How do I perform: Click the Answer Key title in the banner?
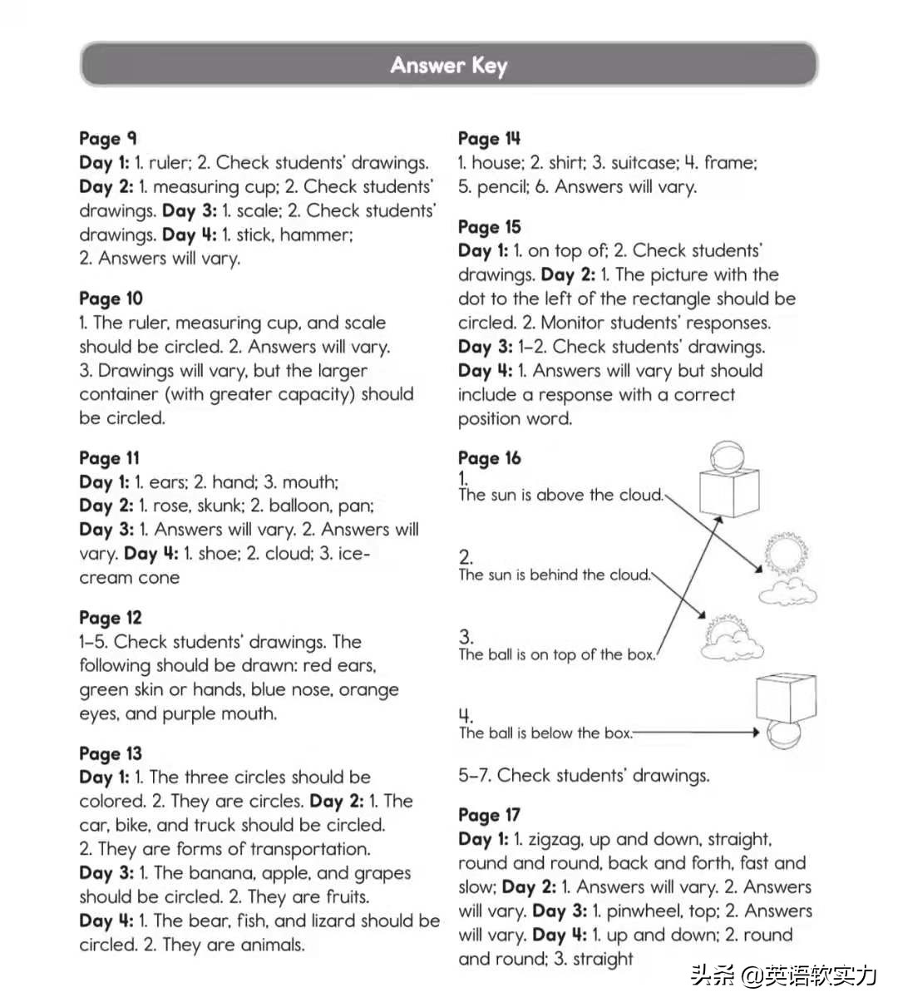(x=449, y=65)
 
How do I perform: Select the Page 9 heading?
(x=108, y=138)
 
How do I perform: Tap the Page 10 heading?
(x=111, y=299)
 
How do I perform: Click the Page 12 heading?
(x=111, y=618)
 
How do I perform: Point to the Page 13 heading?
(x=111, y=753)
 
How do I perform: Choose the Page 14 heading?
(x=489, y=138)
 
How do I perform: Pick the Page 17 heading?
(x=489, y=815)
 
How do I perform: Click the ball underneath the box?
(x=782, y=736)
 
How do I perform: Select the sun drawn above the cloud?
(x=783, y=552)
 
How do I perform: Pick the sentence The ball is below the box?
(x=545, y=733)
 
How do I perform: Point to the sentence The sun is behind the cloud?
(x=554, y=575)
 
